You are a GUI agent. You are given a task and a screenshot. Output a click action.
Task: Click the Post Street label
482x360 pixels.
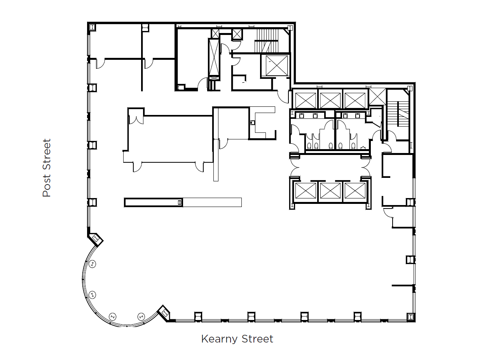(47, 168)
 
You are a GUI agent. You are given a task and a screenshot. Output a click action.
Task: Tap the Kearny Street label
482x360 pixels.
(237, 339)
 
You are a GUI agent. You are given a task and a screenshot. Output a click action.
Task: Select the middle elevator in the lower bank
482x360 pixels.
(330, 191)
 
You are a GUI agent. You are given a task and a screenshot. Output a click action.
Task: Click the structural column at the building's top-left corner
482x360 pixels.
(93, 27)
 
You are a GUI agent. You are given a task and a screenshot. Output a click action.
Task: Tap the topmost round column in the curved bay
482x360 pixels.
(92, 264)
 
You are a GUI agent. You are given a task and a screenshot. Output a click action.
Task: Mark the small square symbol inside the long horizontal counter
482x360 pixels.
(179, 202)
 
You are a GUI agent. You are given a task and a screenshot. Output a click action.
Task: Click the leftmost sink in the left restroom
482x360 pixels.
(302, 115)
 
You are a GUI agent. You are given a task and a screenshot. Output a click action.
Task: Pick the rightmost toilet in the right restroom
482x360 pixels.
(353, 145)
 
